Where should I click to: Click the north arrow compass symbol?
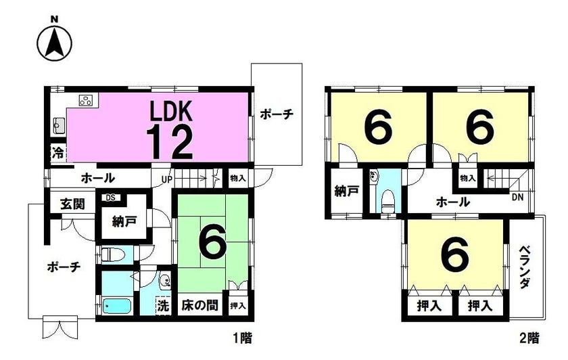tap(55, 43)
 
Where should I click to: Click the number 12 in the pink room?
tap(170, 141)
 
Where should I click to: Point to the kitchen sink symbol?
tap(58, 126)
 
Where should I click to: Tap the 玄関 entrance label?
tap(72, 204)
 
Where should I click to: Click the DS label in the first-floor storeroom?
tap(110, 198)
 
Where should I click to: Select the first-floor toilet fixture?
tap(112, 254)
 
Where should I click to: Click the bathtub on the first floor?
tap(116, 307)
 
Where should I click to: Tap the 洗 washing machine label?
tap(163, 307)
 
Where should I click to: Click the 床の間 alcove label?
tap(199, 305)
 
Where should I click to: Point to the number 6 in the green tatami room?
tap(212, 242)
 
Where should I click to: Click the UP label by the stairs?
tap(168, 179)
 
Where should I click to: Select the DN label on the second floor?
tap(518, 198)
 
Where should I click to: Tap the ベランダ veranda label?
tap(525, 267)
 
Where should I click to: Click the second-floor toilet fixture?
tap(388, 202)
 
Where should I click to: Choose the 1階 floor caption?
tap(241, 338)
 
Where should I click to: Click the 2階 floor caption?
tap(529, 338)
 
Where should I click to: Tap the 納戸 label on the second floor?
tap(346, 192)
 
